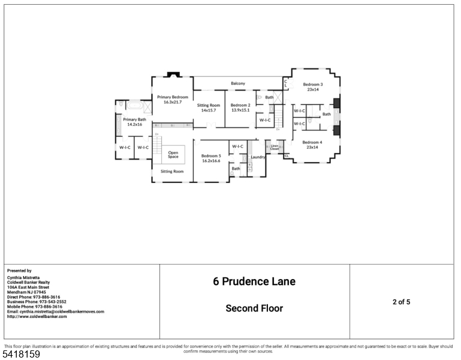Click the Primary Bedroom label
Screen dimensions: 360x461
172,97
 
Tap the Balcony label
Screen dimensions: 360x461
238,83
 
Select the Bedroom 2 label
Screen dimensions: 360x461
240,106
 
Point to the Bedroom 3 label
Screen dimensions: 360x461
312,85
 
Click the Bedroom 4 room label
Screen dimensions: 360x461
312,142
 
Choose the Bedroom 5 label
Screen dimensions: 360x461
210,156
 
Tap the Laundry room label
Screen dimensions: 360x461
258,157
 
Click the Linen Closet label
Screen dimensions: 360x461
275,147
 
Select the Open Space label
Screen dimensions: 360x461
173,154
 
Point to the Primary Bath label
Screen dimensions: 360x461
134,119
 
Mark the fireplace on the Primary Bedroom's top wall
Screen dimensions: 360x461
173,75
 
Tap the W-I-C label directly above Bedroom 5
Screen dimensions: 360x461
237,146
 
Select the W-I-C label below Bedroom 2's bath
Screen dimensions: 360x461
264,119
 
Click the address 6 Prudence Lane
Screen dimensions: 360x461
254,281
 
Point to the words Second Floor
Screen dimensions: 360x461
254,308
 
